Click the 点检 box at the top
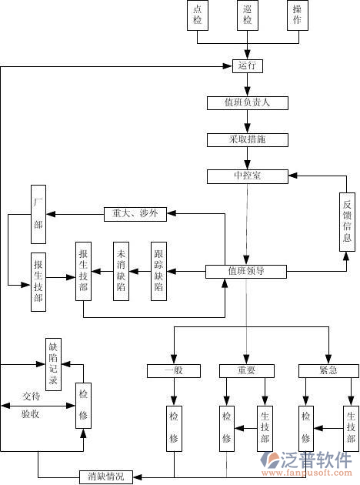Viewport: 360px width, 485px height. [x=198, y=15]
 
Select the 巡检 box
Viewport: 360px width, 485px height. [x=248, y=15]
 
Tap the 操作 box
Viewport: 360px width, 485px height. [x=296, y=15]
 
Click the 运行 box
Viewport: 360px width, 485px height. [x=247, y=66]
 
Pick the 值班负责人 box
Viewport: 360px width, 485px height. [x=247, y=102]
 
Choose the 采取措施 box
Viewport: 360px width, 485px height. [x=247, y=139]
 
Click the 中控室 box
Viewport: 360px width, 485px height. [x=247, y=176]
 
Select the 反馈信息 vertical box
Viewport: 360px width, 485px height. [x=348, y=221]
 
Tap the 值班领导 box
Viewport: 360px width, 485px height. [x=246, y=271]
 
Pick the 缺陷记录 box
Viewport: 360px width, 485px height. [x=53, y=363]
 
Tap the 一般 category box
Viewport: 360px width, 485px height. [x=173, y=371]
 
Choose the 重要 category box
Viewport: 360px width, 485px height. [x=247, y=371]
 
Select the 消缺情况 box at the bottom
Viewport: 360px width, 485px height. [x=106, y=477]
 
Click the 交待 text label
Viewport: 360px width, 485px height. [x=32, y=396]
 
